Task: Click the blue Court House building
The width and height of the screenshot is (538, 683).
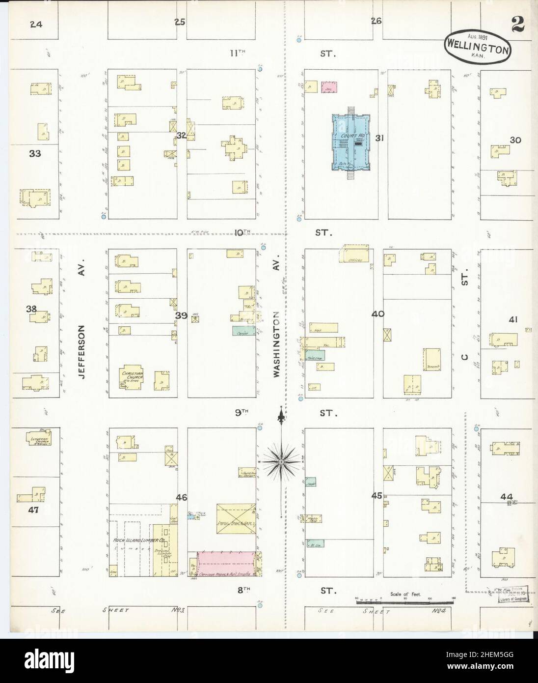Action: (x=350, y=142)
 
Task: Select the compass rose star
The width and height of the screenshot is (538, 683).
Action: (x=280, y=462)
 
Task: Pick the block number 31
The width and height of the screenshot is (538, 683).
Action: (x=379, y=138)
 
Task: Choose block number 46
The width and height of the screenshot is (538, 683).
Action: (x=182, y=497)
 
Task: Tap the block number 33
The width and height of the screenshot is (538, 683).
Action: (x=35, y=153)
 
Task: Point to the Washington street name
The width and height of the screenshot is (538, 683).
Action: (x=276, y=344)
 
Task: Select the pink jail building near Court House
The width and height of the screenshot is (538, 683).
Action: (x=329, y=87)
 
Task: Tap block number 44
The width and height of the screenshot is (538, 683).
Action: (x=507, y=496)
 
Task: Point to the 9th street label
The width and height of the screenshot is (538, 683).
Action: (x=242, y=413)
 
